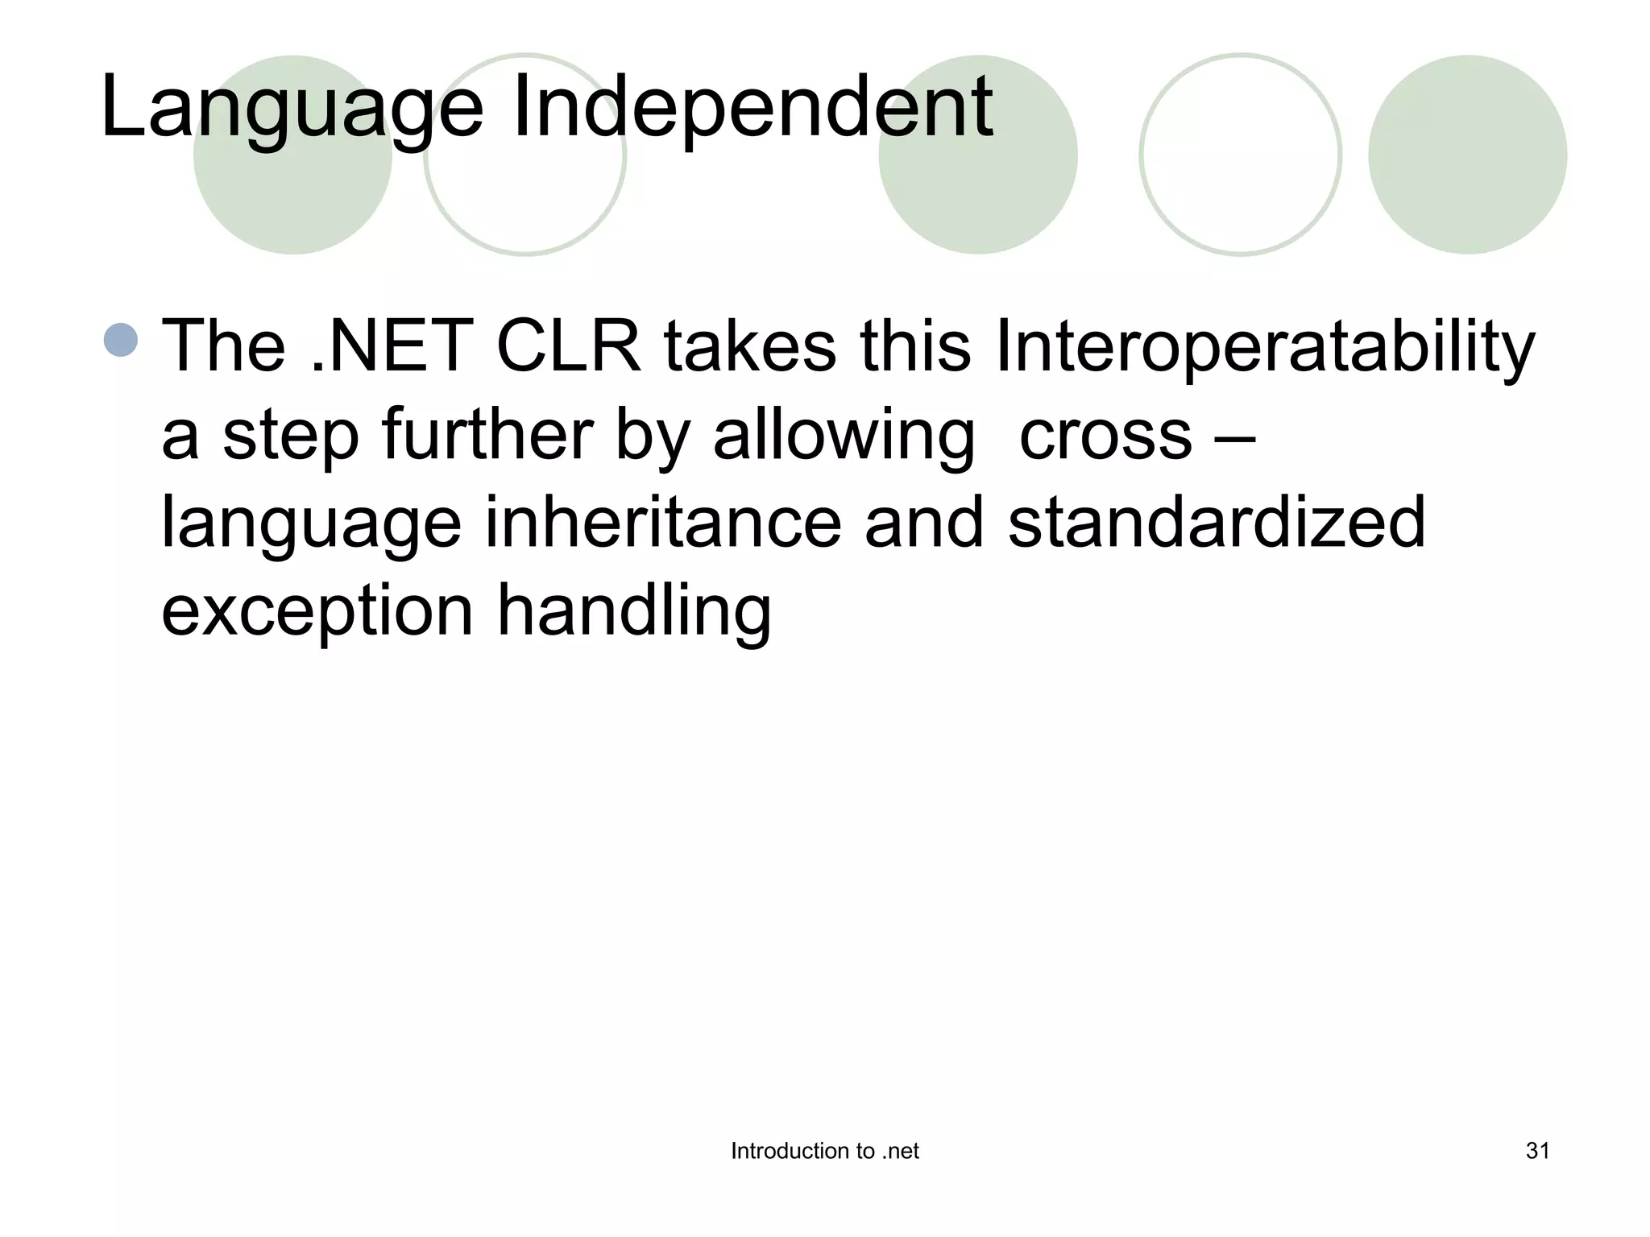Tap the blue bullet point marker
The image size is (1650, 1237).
pyautogui.click(x=121, y=340)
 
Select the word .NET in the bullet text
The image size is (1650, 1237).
pyautogui.click(x=392, y=346)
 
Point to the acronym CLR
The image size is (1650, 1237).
pyautogui.click(x=569, y=346)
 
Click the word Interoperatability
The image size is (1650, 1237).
pyautogui.click(x=1265, y=348)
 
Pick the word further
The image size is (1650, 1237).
pyautogui.click(x=487, y=435)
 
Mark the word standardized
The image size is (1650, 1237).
pyautogui.click(x=1217, y=523)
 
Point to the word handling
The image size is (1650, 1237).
pyautogui.click(x=634, y=610)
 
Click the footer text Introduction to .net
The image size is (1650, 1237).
pyautogui.click(x=824, y=1152)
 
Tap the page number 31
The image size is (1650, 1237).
pyautogui.click(x=1537, y=1152)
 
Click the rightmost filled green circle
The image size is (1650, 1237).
pyautogui.click(x=1467, y=155)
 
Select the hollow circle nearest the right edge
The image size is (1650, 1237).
pyautogui.click(x=1240, y=155)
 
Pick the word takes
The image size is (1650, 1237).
pyautogui.click(x=749, y=346)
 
